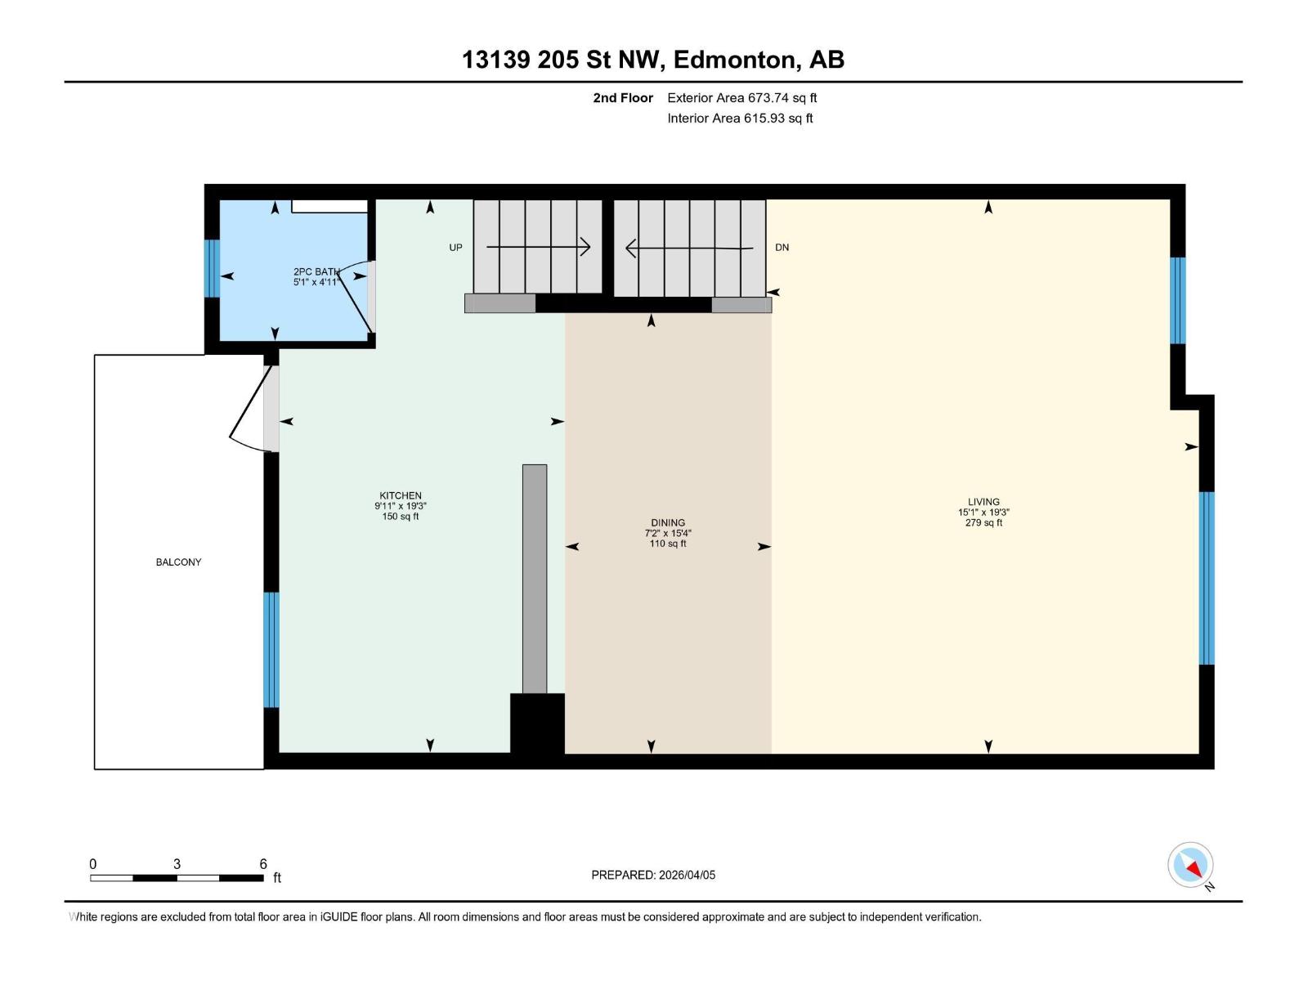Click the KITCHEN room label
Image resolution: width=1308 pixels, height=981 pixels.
coord(401,495)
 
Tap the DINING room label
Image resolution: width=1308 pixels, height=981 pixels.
coord(668,522)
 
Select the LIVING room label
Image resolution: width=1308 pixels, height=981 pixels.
coord(983,502)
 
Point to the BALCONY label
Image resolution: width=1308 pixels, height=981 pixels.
coord(178,562)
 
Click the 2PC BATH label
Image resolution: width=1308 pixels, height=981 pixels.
coord(316,271)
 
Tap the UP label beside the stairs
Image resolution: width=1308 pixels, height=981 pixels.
coord(455,248)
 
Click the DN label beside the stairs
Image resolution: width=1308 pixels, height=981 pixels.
coord(782,248)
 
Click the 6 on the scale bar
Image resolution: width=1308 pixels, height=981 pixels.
coord(263,864)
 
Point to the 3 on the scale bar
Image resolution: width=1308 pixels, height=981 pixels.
coord(177,864)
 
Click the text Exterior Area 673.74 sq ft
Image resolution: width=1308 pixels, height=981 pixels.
coord(741,98)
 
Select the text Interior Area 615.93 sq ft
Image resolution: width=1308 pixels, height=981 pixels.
coord(740,119)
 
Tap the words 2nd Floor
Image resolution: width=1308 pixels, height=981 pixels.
coord(623,98)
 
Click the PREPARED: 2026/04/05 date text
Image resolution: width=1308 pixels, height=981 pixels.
coord(653,875)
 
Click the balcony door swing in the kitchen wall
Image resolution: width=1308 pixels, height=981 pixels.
coord(249,409)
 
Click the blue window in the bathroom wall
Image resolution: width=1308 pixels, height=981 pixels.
coord(212,268)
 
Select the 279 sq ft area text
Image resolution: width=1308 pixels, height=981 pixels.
coord(983,523)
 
